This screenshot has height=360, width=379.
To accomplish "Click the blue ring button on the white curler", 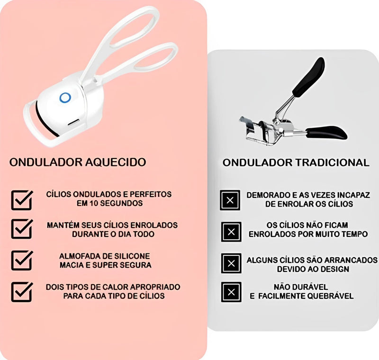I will (65, 98).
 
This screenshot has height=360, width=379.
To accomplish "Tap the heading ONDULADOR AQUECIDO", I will (78, 162).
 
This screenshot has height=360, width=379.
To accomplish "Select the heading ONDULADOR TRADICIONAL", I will (296, 162).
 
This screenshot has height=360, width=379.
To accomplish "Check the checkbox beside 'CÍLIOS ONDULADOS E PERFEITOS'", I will (22, 200).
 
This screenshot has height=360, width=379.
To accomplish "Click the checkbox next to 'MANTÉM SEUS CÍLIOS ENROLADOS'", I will (22, 229).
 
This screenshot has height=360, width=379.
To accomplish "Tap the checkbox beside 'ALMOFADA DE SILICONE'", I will (22, 260).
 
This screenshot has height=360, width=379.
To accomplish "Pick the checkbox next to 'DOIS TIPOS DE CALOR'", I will (22, 292).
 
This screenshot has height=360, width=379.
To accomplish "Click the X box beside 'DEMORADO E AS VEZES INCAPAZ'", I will (231, 200).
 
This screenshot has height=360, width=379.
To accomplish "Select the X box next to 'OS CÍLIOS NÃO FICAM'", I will (231, 232).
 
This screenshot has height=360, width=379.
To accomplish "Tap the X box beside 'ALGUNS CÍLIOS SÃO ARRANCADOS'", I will (231, 263).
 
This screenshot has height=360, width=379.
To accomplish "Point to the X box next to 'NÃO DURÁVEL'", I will (231, 292).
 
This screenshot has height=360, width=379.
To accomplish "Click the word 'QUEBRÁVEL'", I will (329, 296).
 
